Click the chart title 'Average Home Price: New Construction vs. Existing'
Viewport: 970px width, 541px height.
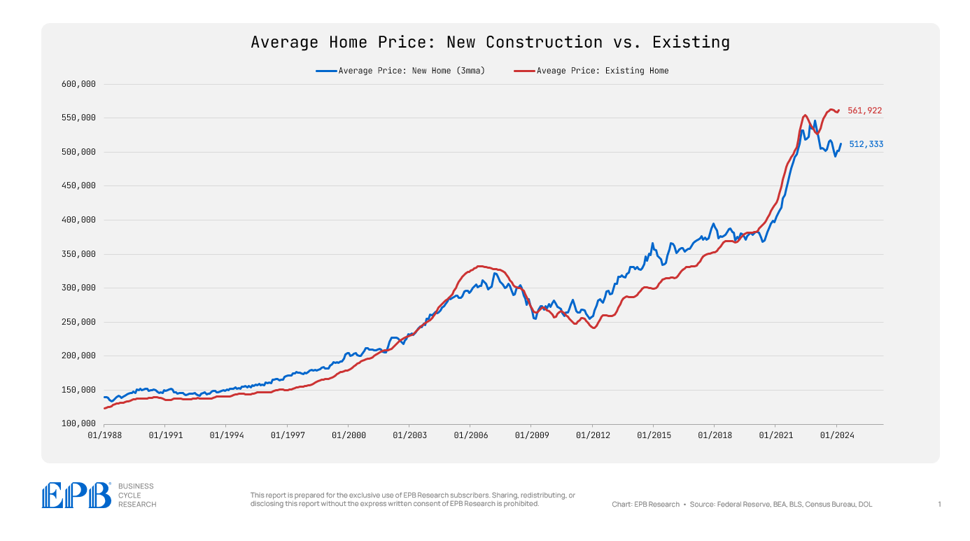490,42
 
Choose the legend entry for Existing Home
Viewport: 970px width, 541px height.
601,71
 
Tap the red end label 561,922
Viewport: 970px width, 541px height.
864,111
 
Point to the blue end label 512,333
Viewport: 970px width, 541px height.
866,144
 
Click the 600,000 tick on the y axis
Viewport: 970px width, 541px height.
79,84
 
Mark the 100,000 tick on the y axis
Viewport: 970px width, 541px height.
79,424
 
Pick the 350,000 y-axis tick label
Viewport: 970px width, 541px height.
79,254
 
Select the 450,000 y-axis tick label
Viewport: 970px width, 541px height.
79,186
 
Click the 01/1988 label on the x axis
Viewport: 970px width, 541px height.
104,435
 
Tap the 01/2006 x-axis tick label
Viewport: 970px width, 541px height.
470,435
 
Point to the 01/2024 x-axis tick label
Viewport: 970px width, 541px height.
836,435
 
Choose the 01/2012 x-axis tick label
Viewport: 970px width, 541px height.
592,435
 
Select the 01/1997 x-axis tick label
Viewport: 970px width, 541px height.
287,435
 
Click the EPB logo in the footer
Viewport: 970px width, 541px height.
76,496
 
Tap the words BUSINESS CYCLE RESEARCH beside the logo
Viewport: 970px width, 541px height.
136,495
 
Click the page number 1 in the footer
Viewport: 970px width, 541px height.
939,504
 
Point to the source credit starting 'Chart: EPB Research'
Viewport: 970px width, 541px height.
742,504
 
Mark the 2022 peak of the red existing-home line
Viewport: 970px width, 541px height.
806,115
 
